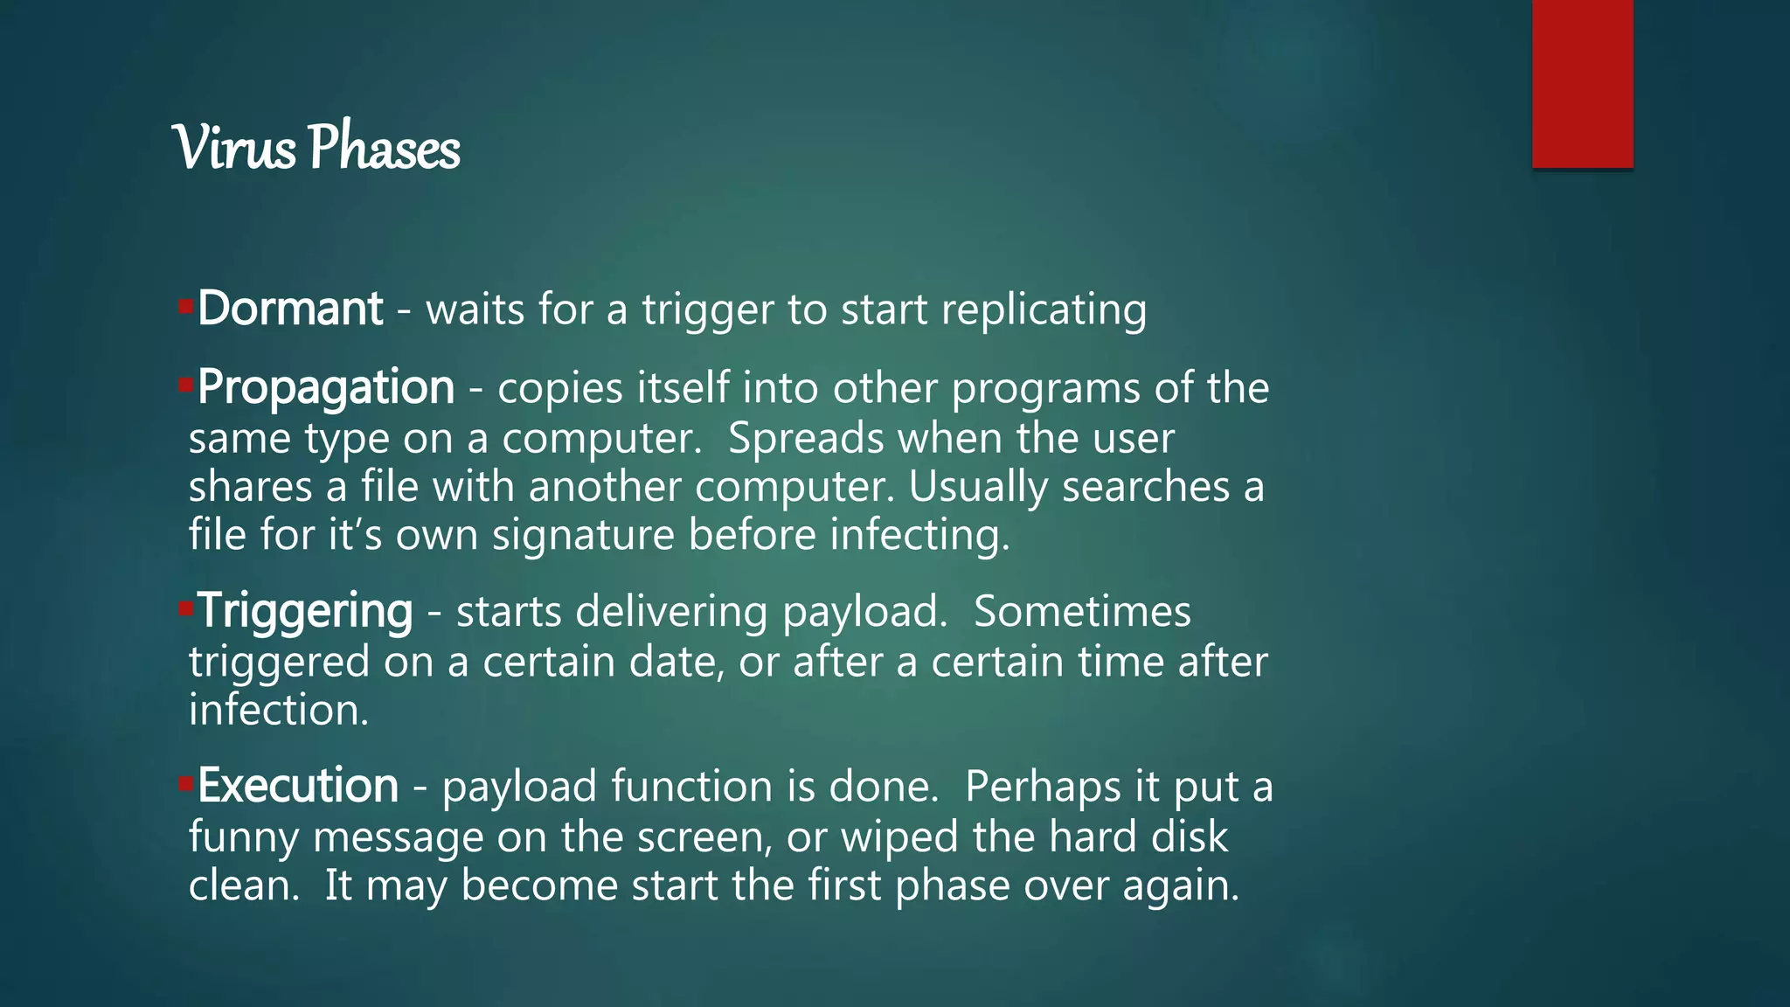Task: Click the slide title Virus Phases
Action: coord(316,147)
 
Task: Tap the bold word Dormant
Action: coord(290,309)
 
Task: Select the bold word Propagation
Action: coord(326,387)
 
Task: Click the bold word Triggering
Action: coord(305,611)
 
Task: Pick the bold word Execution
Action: coord(298,786)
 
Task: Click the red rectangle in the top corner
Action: coord(1582,83)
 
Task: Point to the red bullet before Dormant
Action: coord(185,306)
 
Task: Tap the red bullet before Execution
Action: coord(185,783)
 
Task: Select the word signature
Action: coord(582,536)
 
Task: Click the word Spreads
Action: coord(805,438)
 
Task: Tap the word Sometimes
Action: coord(1082,611)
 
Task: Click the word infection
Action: coord(279,710)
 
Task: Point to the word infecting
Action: coord(919,536)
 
